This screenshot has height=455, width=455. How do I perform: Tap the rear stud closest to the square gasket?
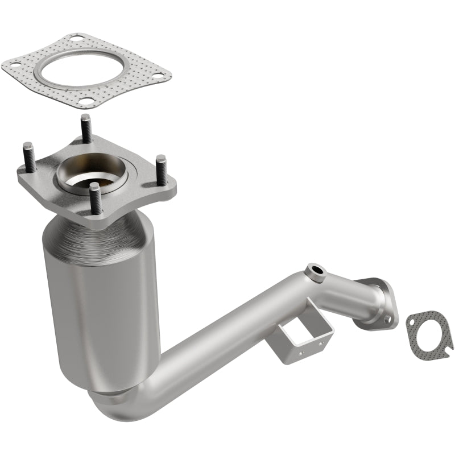86,129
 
